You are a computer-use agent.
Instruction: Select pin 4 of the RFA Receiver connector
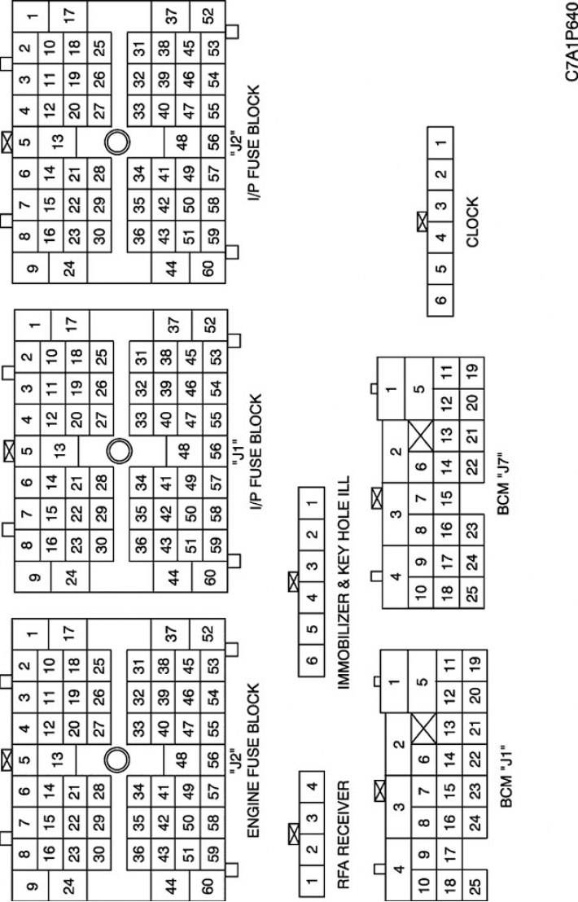[312, 786]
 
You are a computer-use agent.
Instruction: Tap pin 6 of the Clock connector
[440, 300]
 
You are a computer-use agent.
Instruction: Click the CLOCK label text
[472, 222]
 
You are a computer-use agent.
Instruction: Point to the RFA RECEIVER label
[343, 834]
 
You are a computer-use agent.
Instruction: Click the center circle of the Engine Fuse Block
[116, 760]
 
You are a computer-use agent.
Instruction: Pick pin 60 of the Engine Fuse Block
[208, 885]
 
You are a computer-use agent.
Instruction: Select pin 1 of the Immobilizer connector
[311, 503]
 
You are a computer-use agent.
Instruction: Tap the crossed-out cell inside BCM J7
[422, 436]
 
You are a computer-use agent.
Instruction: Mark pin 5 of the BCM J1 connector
[423, 681]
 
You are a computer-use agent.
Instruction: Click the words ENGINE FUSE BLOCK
[253, 760]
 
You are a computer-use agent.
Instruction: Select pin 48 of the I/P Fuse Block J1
[184, 451]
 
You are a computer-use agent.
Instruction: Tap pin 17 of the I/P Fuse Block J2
[69, 15]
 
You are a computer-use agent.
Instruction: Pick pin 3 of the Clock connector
[440, 206]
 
